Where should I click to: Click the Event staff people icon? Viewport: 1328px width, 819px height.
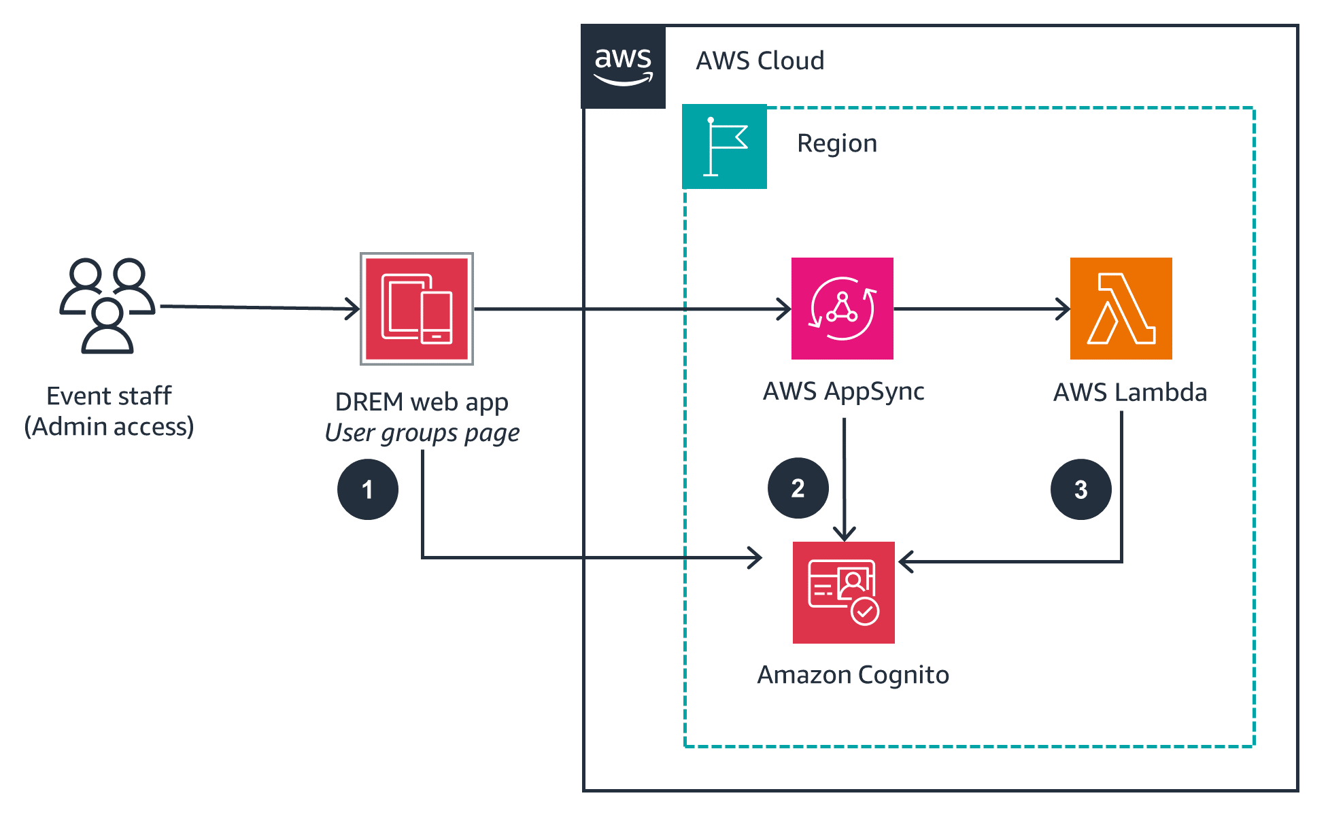click(107, 305)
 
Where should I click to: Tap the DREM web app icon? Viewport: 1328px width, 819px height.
click(416, 309)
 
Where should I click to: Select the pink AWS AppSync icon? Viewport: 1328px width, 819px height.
click(842, 309)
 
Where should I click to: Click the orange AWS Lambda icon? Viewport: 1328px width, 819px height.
click(1121, 309)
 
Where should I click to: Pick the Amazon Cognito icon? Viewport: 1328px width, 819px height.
click(843, 592)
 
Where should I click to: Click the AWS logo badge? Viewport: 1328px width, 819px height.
click(623, 67)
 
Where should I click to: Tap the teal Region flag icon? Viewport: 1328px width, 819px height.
click(724, 146)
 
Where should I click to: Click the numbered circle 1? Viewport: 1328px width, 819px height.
click(367, 489)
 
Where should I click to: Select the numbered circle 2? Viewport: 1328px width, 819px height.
click(798, 488)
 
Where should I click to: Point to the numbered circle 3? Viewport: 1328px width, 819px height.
click(1080, 489)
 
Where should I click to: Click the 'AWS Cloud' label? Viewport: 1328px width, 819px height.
click(760, 61)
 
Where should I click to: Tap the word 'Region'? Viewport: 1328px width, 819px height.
click(836, 143)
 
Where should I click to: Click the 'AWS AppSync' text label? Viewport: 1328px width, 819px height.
click(843, 391)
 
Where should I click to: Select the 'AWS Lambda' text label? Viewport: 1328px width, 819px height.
click(1129, 393)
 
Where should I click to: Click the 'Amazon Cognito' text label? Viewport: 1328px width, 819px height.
click(853, 675)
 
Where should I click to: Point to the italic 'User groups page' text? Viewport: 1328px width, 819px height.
click(422, 433)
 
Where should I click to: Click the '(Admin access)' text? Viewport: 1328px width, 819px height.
click(109, 427)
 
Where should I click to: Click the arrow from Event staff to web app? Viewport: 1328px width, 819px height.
click(258, 307)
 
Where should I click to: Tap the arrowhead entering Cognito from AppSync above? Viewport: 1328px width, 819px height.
click(845, 534)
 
